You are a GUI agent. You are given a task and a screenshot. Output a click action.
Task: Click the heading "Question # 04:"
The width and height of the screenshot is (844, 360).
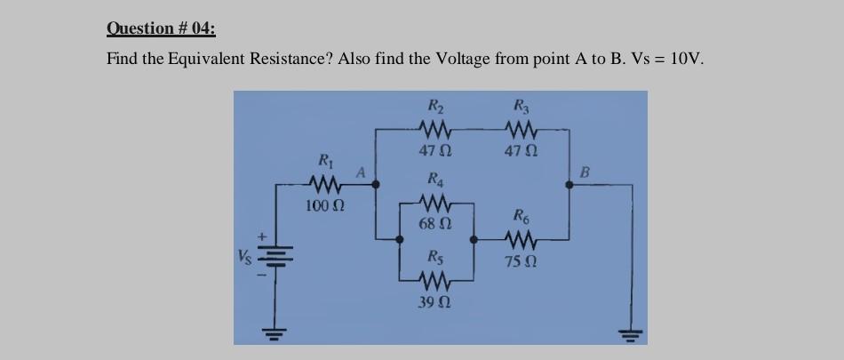point(161,28)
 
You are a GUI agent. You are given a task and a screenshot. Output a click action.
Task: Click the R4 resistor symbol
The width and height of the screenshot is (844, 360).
point(433,204)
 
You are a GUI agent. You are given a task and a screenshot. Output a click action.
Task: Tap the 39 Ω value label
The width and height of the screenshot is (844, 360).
point(433,302)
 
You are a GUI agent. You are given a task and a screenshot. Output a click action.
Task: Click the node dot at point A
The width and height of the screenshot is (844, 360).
point(375,185)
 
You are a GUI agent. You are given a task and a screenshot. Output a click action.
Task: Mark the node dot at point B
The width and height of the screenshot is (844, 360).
point(569,185)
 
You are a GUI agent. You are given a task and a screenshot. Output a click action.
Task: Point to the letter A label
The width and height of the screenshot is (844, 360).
point(361,171)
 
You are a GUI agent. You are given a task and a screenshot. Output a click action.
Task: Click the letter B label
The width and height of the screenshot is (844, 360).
point(585,169)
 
